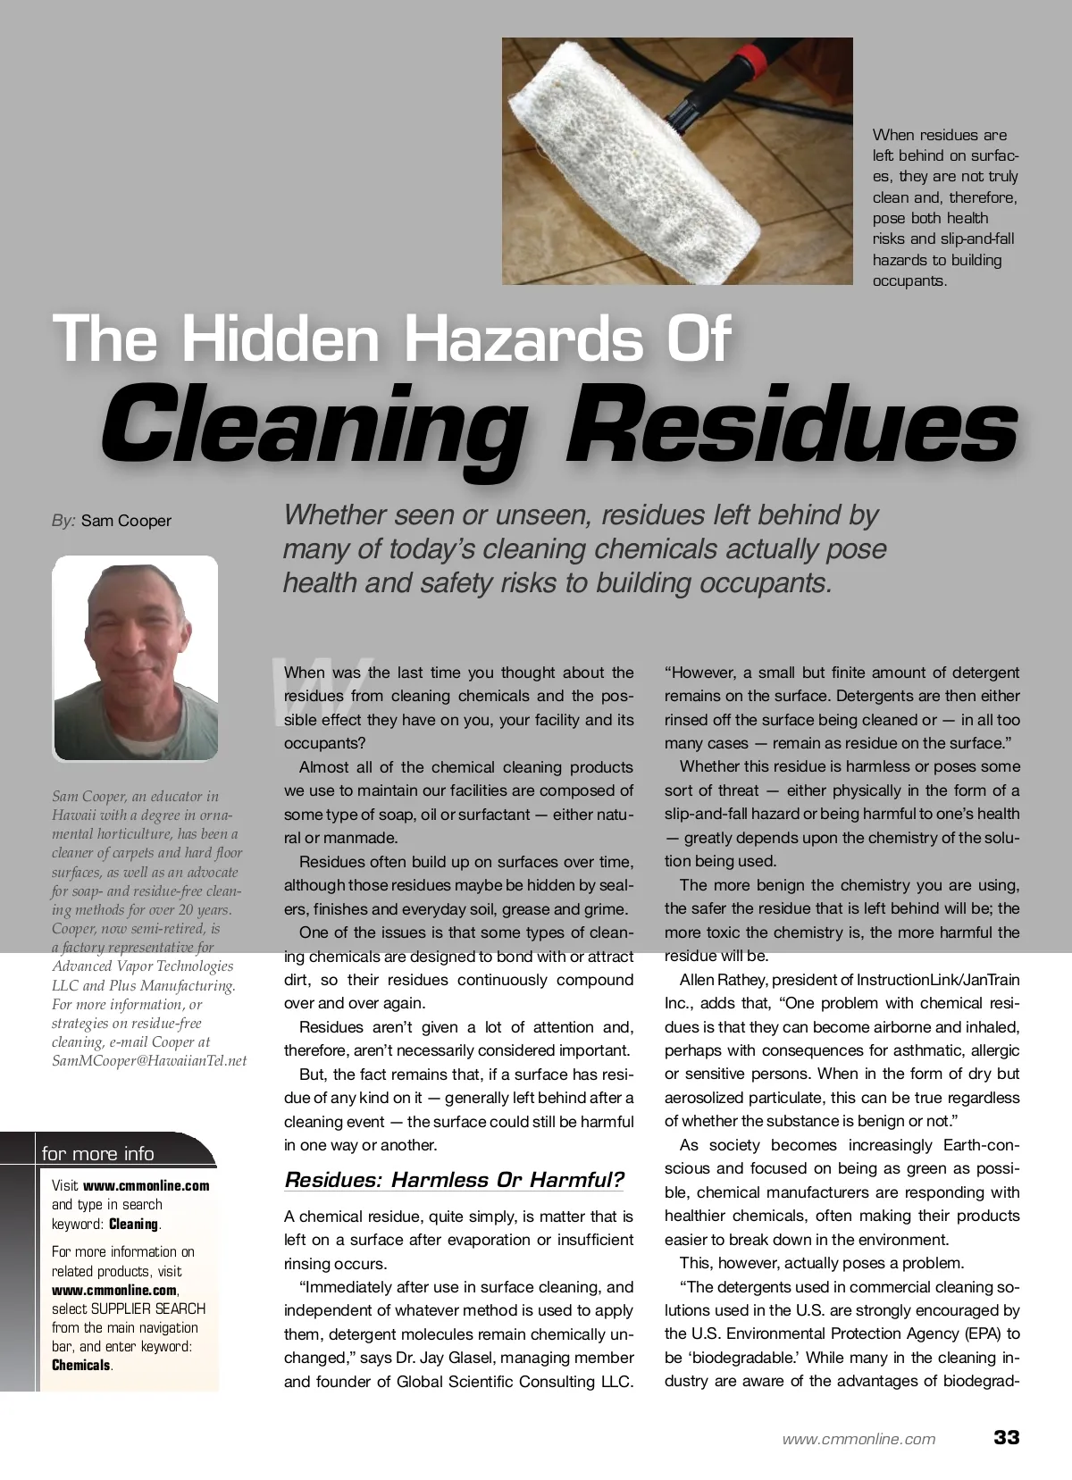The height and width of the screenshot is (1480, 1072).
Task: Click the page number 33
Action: [1006, 1437]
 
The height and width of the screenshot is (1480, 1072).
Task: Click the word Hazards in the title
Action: [523, 339]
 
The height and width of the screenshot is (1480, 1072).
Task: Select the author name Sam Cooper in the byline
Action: [126, 521]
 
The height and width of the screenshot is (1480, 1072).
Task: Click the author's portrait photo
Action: [135, 658]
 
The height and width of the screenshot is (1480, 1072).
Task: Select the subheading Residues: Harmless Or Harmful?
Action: [454, 1180]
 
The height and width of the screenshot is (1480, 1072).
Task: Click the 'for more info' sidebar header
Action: [98, 1153]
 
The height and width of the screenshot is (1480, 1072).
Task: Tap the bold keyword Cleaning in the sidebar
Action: [133, 1224]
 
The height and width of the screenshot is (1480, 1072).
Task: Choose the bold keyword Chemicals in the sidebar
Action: [81, 1365]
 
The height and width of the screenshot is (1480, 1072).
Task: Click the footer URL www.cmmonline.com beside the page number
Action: [858, 1439]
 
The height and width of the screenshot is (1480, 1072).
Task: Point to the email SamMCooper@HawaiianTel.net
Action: [149, 1061]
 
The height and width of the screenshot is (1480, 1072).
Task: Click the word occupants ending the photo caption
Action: [909, 280]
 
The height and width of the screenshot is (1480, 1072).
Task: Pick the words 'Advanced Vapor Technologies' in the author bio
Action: [143, 966]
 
